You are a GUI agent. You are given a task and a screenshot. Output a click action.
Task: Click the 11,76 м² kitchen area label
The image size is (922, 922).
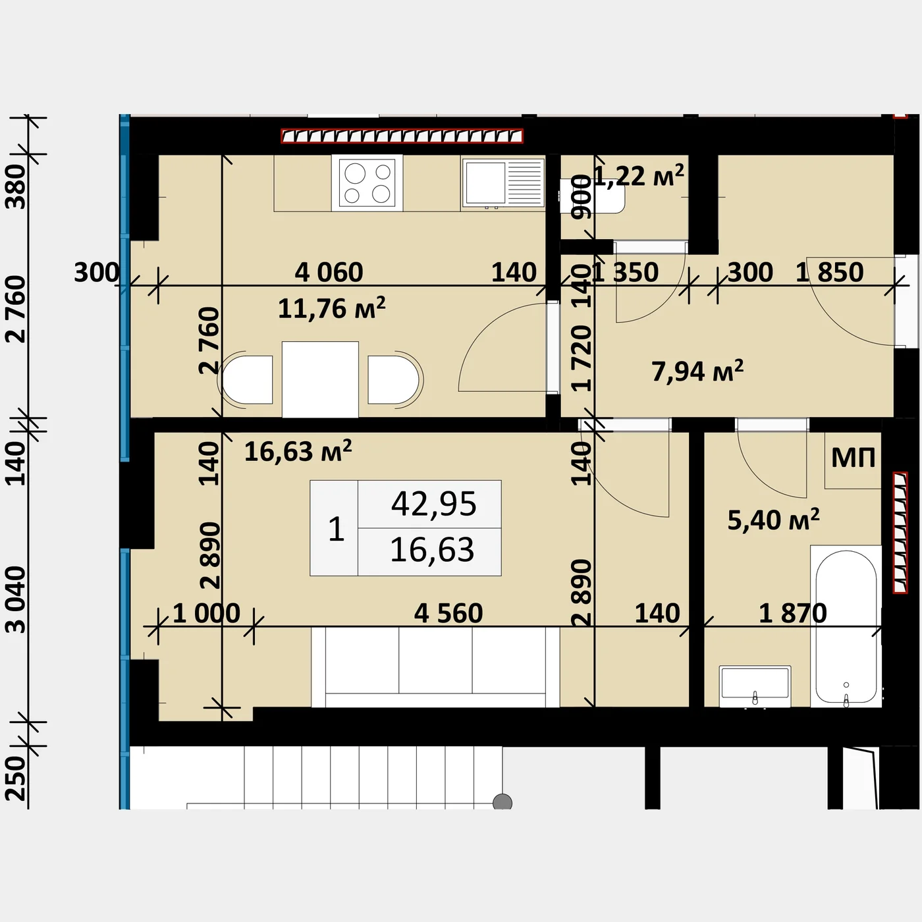[x=331, y=308]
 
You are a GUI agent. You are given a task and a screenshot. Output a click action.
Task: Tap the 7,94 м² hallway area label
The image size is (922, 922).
[x=697, y=371]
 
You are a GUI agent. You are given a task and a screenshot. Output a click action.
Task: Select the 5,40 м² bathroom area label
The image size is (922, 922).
[x=774, y=520]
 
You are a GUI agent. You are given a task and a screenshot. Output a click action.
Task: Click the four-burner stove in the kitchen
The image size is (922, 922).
[x=367, y=183]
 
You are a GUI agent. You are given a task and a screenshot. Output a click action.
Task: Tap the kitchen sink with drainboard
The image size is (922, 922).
[x=503, y=183]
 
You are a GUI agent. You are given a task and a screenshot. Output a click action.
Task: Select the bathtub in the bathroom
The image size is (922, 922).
[x=846, y=626]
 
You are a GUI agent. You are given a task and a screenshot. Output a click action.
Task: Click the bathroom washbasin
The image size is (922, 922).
[x=755, y=686]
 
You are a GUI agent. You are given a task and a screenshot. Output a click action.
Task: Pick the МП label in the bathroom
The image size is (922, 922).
[x=853, y=458]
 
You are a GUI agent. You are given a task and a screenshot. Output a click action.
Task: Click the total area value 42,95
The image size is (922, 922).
[x=433, y=504]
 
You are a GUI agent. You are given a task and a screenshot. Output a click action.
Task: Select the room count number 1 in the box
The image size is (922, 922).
[x=337, y=529]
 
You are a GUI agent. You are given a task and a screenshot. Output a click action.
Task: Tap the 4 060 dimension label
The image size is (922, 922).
[x=329, y=272]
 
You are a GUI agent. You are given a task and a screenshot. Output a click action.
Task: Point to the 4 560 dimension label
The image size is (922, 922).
[x=448, y=613]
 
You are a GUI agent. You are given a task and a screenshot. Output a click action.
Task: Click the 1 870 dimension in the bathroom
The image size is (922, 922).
[x=793, y=613]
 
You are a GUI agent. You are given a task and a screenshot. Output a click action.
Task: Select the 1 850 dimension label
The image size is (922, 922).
[x=830, y=272]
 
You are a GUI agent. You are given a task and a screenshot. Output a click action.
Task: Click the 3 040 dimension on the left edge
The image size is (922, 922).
[x=16, y=599]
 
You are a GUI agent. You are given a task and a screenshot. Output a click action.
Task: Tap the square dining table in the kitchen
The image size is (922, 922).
[x=320, y=379]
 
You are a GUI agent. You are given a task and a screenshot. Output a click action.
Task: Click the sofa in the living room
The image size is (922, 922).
[x=435, y=667]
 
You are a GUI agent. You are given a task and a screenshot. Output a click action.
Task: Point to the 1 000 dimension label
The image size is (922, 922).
[x=206, y=613]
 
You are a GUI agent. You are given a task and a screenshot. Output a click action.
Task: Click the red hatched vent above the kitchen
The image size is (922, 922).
[x=402, y=136]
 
